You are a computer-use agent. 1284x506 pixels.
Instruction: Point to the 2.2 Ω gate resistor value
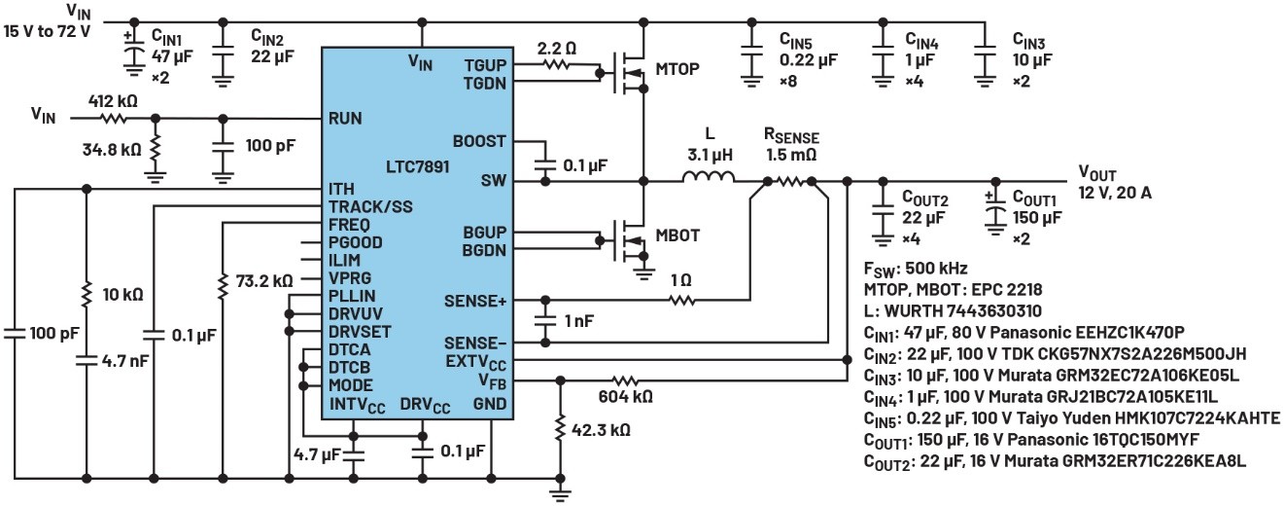coord(556,47)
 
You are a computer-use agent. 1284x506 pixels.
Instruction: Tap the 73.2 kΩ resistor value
coord(264,281)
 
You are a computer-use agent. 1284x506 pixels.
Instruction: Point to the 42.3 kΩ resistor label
coord(601,428)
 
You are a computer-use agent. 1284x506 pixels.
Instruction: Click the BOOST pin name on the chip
coord(481,141)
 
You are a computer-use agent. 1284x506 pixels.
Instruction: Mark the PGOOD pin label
coord(356,242)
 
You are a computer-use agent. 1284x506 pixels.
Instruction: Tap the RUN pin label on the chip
coord(345,118)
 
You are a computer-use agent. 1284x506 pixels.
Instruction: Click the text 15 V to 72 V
coord(47,30)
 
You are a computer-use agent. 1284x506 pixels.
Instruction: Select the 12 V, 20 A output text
coord(1115,192)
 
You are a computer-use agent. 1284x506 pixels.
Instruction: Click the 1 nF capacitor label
coord(579,320)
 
